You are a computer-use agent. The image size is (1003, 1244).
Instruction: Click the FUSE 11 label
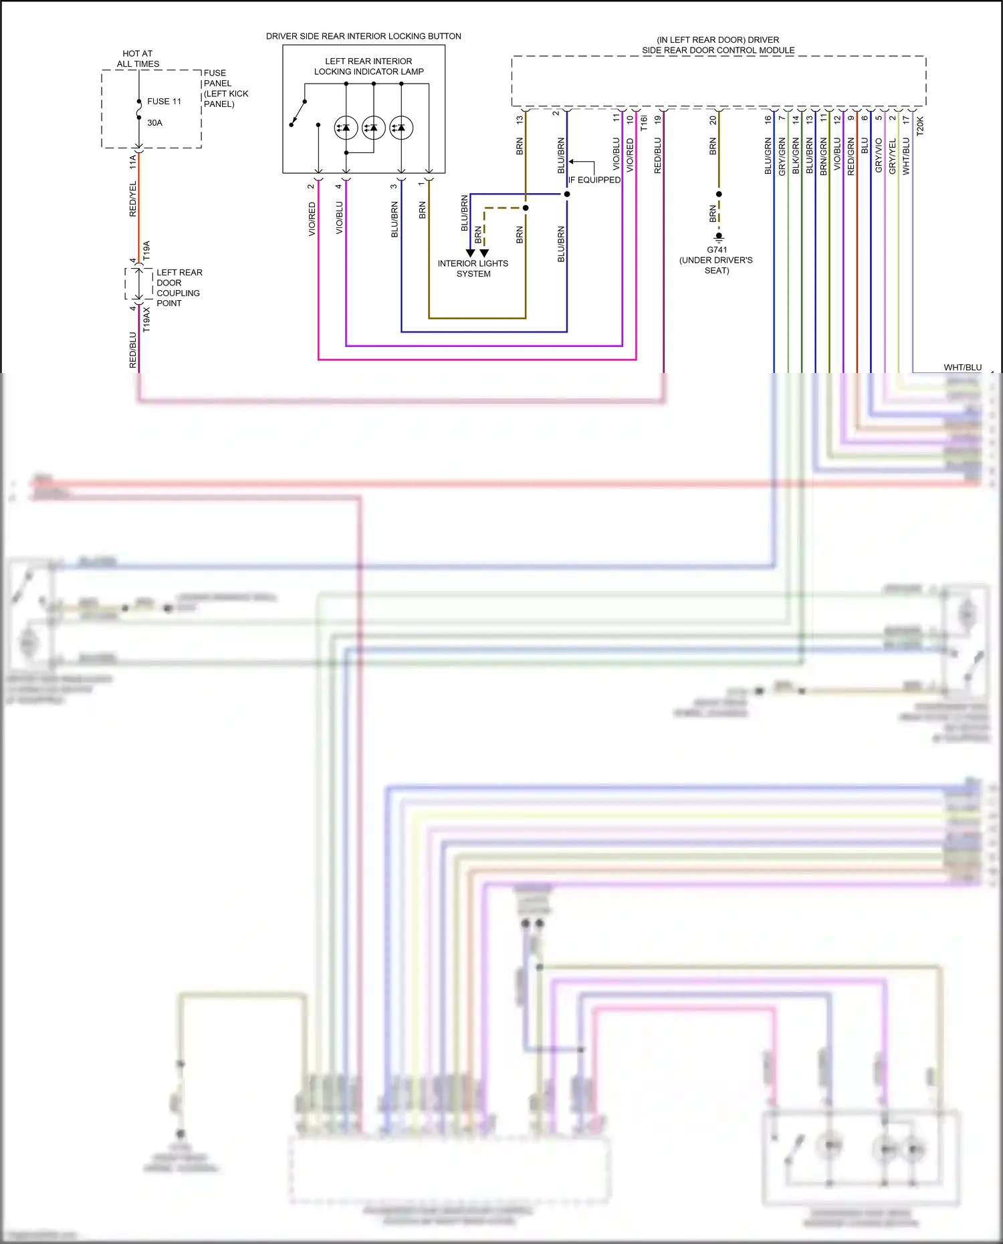click(164, 102)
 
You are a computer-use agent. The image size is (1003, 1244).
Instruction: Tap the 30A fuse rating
click(154, 123)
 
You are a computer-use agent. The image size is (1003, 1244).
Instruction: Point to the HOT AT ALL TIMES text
click(138, 59)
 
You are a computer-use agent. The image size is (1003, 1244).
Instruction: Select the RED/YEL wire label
click(132, 199)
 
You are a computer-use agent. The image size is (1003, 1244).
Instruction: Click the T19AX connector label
click(146, 320)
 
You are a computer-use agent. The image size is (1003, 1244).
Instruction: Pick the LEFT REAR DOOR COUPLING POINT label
click(179, 287)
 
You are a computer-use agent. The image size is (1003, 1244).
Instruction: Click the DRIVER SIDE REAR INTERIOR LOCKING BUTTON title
click(363, 36)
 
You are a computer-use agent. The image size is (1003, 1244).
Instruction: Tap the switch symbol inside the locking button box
click(298, 114)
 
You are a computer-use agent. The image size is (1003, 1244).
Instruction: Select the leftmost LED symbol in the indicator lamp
click(346, 127)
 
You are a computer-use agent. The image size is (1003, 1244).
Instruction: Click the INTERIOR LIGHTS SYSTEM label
click(473, 268)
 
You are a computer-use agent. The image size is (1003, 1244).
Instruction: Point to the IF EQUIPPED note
click(594, 180)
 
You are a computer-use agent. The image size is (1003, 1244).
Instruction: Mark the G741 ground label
click(717, 250)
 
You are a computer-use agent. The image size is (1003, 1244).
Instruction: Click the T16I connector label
click(644, 122)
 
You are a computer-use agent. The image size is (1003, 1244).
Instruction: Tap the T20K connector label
click(920, 126)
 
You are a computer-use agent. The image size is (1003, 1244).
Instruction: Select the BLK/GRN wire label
click(796, 156)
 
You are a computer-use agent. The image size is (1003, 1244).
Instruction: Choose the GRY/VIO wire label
click(879, 155)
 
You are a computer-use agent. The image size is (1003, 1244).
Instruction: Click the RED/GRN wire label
click(851, 156)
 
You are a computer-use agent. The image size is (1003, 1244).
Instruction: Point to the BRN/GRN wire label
click(823, 156)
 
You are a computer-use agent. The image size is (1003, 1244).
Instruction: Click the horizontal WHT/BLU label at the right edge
click(962, 367)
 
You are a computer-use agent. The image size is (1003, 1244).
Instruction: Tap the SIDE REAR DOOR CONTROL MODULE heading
click(718, 50)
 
